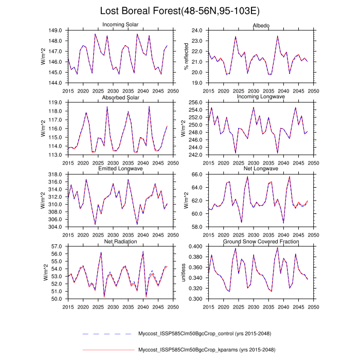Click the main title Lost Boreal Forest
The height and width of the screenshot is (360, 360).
(180, 11)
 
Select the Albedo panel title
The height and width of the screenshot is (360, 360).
(261, 25)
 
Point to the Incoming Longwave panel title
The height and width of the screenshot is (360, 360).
(261, 97)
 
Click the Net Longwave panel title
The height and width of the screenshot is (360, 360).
(261, 169)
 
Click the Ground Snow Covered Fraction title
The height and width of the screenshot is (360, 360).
(261, 241)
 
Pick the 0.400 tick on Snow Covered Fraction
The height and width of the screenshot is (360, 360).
(195, 246)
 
